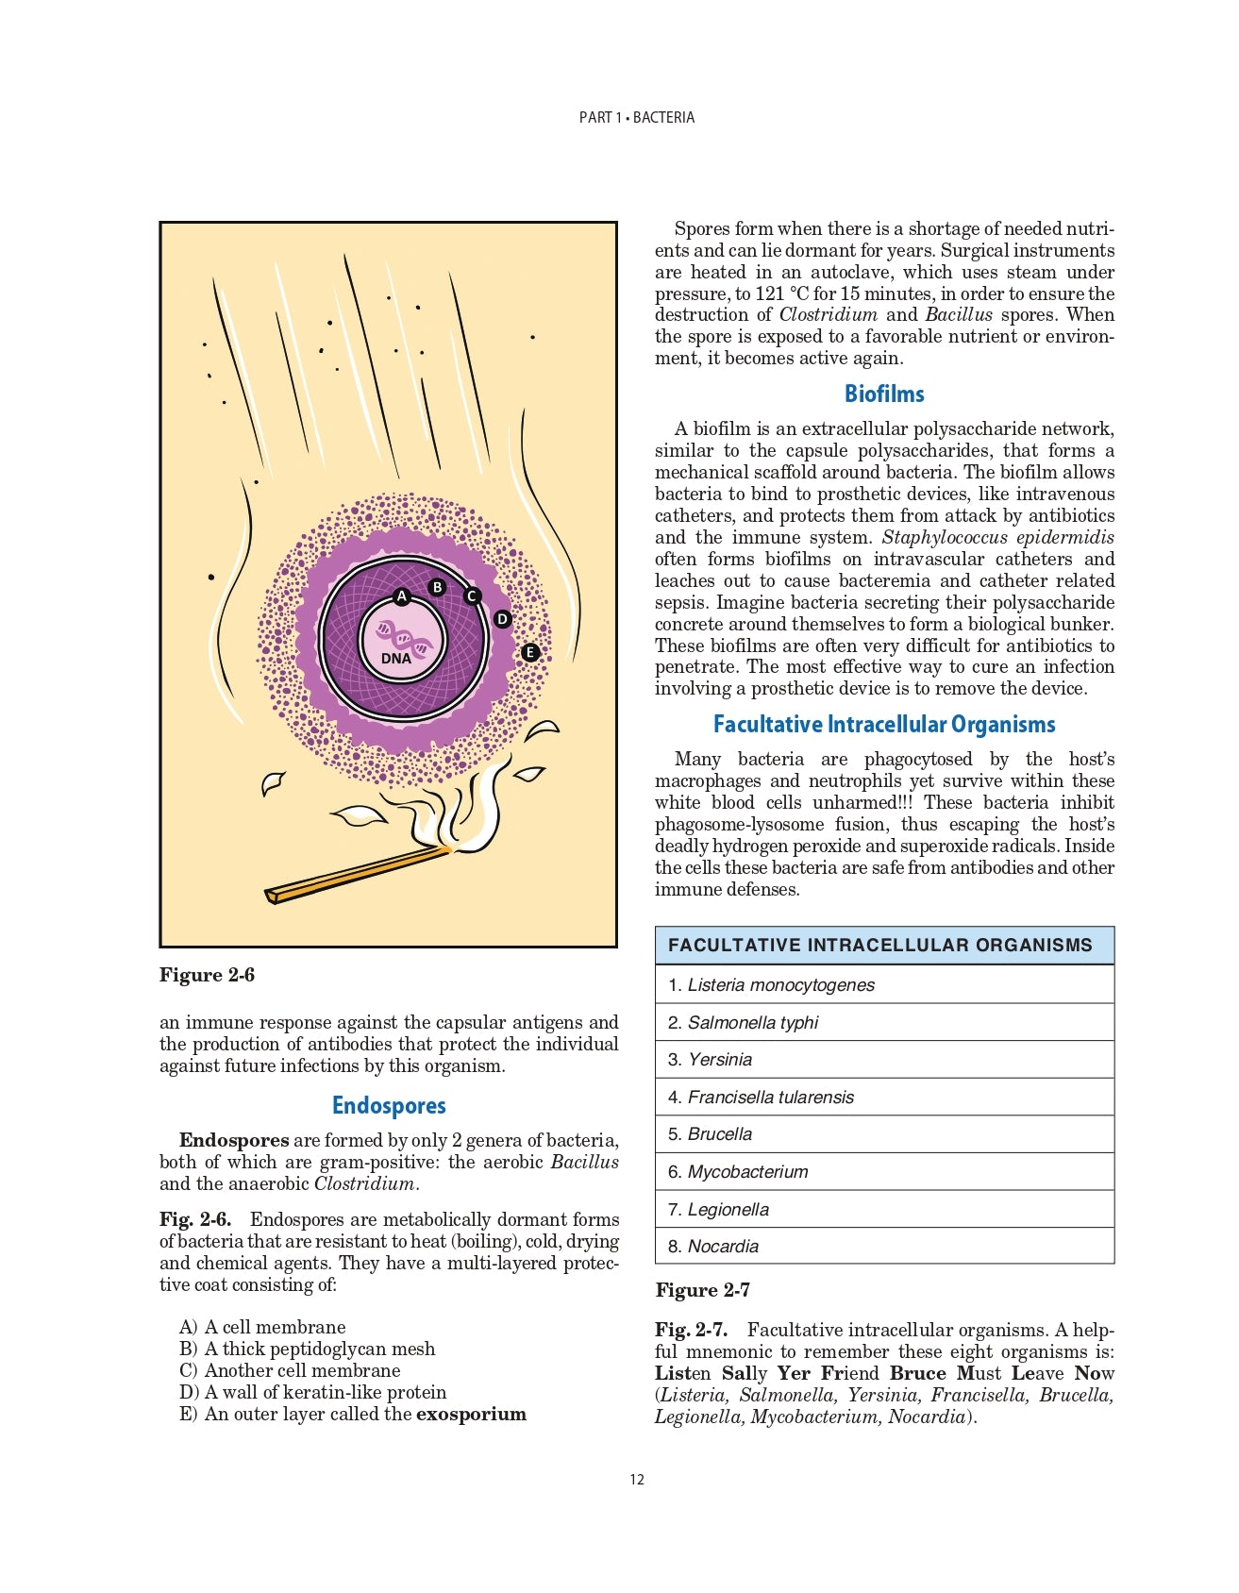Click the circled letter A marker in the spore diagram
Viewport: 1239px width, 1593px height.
tap(401, 596)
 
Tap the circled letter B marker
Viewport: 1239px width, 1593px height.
tap(437, 587)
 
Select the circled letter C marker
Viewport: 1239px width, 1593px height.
tap(472, 595)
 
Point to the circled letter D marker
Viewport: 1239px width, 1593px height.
tap(502, 619)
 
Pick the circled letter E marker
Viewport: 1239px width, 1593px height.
tap(529, 652)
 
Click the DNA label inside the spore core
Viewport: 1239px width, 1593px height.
tap(396, 658)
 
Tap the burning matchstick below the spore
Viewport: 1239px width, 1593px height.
tap(359, 874)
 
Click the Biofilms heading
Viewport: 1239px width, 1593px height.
tap(884, 394)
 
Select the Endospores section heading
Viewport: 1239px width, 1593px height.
tap(389, 1105)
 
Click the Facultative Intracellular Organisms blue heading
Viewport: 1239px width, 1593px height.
tap(884, 724)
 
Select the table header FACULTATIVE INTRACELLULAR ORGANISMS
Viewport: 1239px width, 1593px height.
tap(879, 945)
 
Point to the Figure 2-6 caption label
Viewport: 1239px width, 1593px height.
tap(207, 975)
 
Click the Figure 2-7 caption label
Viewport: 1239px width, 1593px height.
tap(703, 1290)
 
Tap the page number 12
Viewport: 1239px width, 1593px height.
tap(637, 1479)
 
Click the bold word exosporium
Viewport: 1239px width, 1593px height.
tap(471, 1414)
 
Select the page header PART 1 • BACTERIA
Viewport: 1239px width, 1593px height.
tap(637, 117)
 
